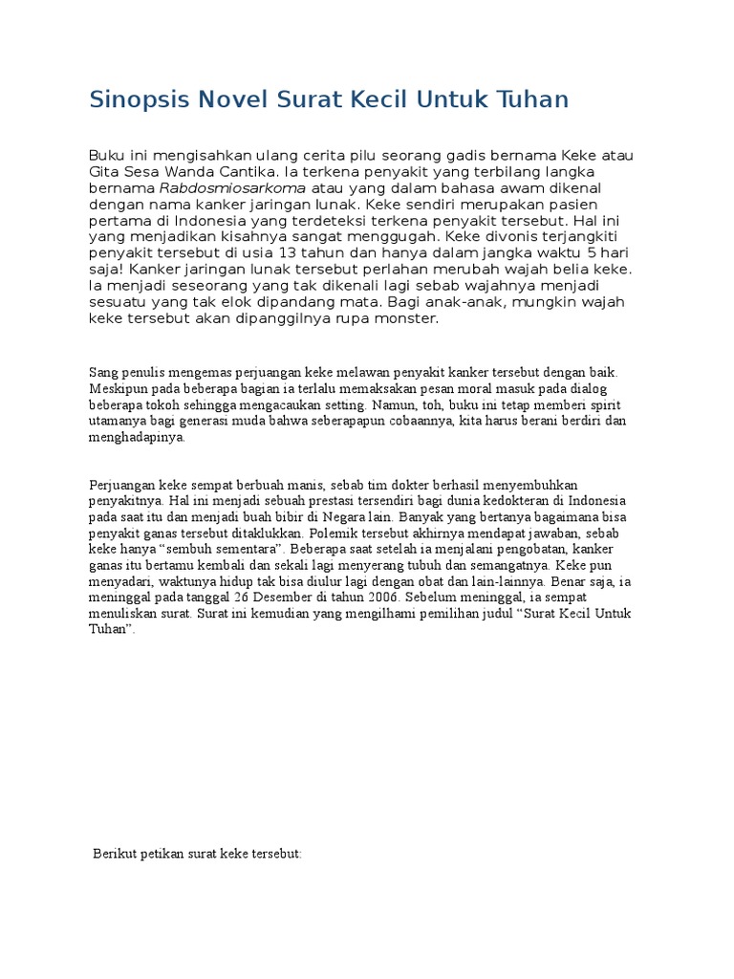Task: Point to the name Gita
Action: click(x=104, y=172)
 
